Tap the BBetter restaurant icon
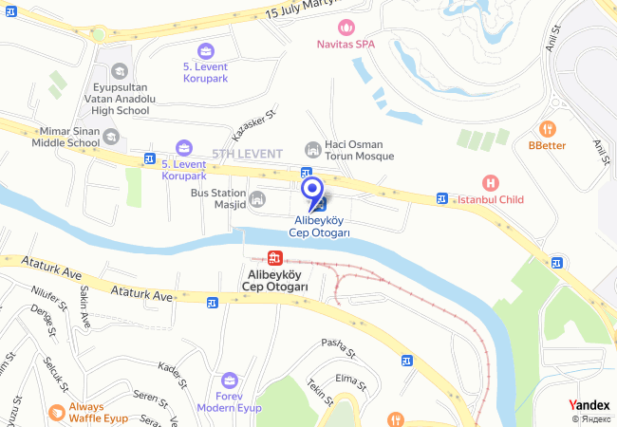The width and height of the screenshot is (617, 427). [547, 128]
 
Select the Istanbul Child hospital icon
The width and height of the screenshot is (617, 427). [490, 183]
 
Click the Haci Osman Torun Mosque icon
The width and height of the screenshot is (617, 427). [311, 150]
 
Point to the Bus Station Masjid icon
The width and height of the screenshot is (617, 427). [256, 199]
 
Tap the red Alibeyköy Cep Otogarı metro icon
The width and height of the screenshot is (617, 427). [274, 257]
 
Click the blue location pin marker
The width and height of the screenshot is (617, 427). [310, 191]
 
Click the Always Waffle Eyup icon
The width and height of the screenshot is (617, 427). [56, 412]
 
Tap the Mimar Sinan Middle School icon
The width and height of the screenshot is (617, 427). [111, 138]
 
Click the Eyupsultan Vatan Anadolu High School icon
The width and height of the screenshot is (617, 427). [119, 70]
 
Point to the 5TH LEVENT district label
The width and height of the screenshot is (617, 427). [246, 154]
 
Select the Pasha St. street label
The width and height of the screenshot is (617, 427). [337, 347]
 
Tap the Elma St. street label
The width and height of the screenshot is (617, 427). [351, 381]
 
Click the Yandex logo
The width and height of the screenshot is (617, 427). [589, 405]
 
